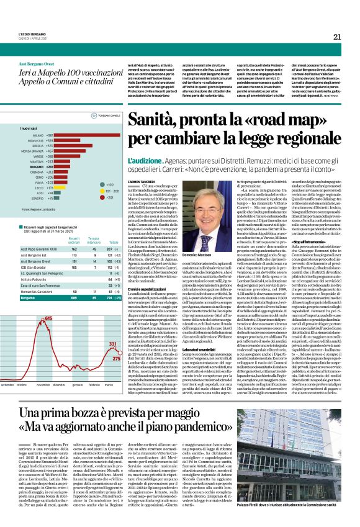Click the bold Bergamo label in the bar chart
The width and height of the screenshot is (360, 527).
(x=37, y=166)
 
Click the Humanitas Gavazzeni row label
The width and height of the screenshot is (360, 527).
(x=40, y=291)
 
